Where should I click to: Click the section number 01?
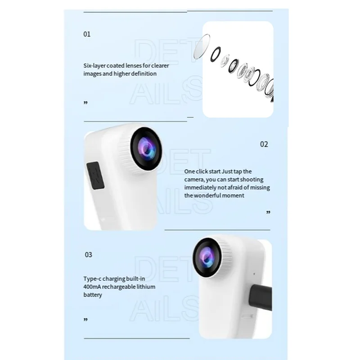(x=87, y=34)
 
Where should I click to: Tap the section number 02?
(x=264, y=144)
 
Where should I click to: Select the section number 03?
(x=88, y=255)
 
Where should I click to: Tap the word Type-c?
(x=93, y=279)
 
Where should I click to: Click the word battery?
(x=93, y=295)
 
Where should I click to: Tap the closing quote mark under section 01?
(x=85, y=103)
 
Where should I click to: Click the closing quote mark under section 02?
(x=269, y=212)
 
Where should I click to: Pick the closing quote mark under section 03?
(x=85, y=320)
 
